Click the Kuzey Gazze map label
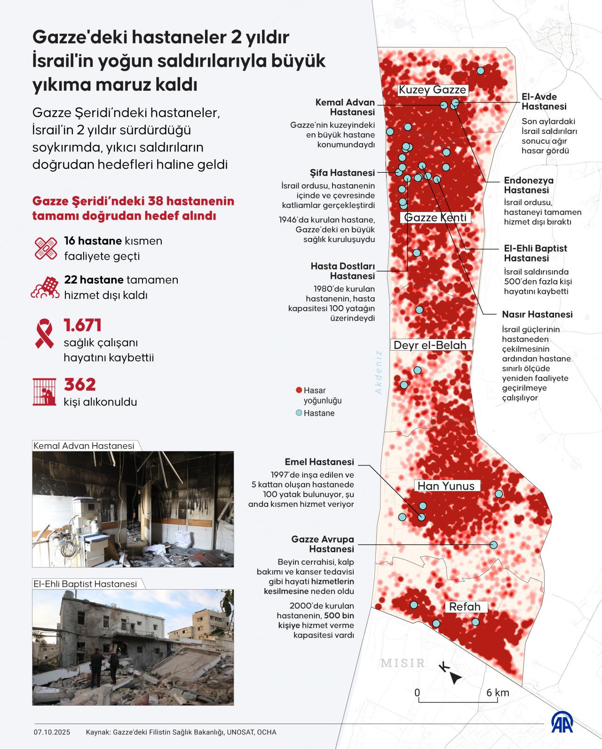(x=432, y=90)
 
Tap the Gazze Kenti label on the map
(x=436, y=217)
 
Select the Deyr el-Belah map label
(x=430, y=345)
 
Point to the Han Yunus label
(x=446, y=486)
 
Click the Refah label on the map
(x=465, y=607)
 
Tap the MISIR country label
(x=403, y=663)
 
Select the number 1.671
(x=83, y=325)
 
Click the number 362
(x=80, y=385)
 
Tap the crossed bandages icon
(x=46, y=248)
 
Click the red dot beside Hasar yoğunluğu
(x=298, y=390)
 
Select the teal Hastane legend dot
(x=298, y=413)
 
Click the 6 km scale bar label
(x=498, y=693)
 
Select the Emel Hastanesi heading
(x=319, y=462)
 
